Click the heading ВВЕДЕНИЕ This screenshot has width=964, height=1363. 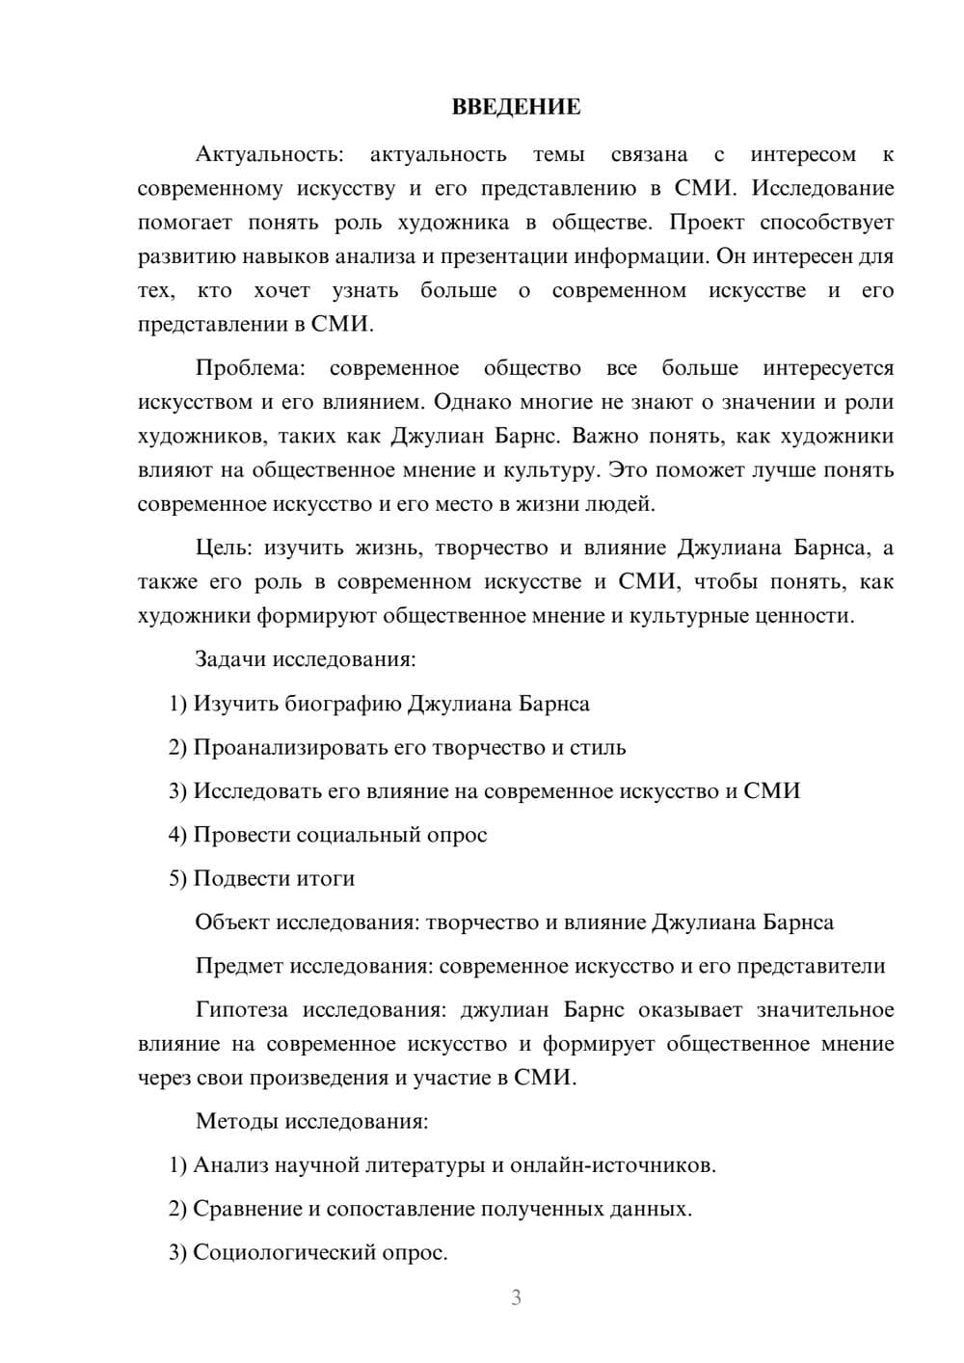coord(516,107)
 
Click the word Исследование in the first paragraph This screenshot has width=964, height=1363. coord(822,188)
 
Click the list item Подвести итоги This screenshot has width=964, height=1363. coord(274,878)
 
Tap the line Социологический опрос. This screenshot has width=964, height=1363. coord(320,1252)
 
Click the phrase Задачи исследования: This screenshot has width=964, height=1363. coord(306,659)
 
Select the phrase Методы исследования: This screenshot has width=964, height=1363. coord(311,1121)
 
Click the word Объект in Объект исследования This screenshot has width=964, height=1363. coord(232,922)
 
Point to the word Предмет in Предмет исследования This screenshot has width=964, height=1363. coord(239,966)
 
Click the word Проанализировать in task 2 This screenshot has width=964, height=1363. coord(281,747)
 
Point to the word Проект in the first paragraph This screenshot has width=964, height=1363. coord(707,222)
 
